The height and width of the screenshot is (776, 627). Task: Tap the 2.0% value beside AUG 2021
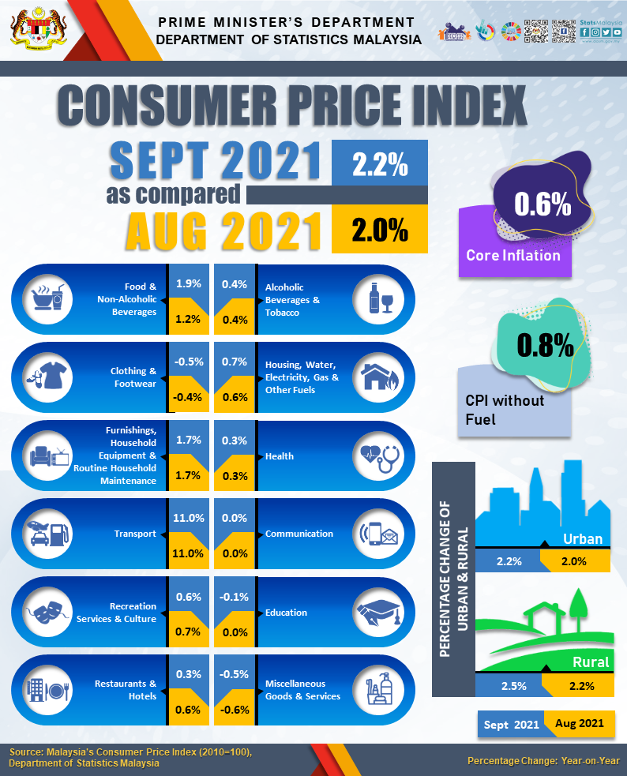380,230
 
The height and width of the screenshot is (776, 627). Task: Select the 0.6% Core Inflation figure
543,204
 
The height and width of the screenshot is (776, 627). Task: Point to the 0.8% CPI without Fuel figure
544,345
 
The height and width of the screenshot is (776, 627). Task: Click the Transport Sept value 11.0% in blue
188,518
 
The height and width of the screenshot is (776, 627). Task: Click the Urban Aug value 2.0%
573,561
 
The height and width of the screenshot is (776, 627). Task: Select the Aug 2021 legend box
580,723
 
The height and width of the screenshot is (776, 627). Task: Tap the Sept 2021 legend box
511,723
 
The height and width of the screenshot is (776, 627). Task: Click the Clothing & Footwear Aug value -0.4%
188,397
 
